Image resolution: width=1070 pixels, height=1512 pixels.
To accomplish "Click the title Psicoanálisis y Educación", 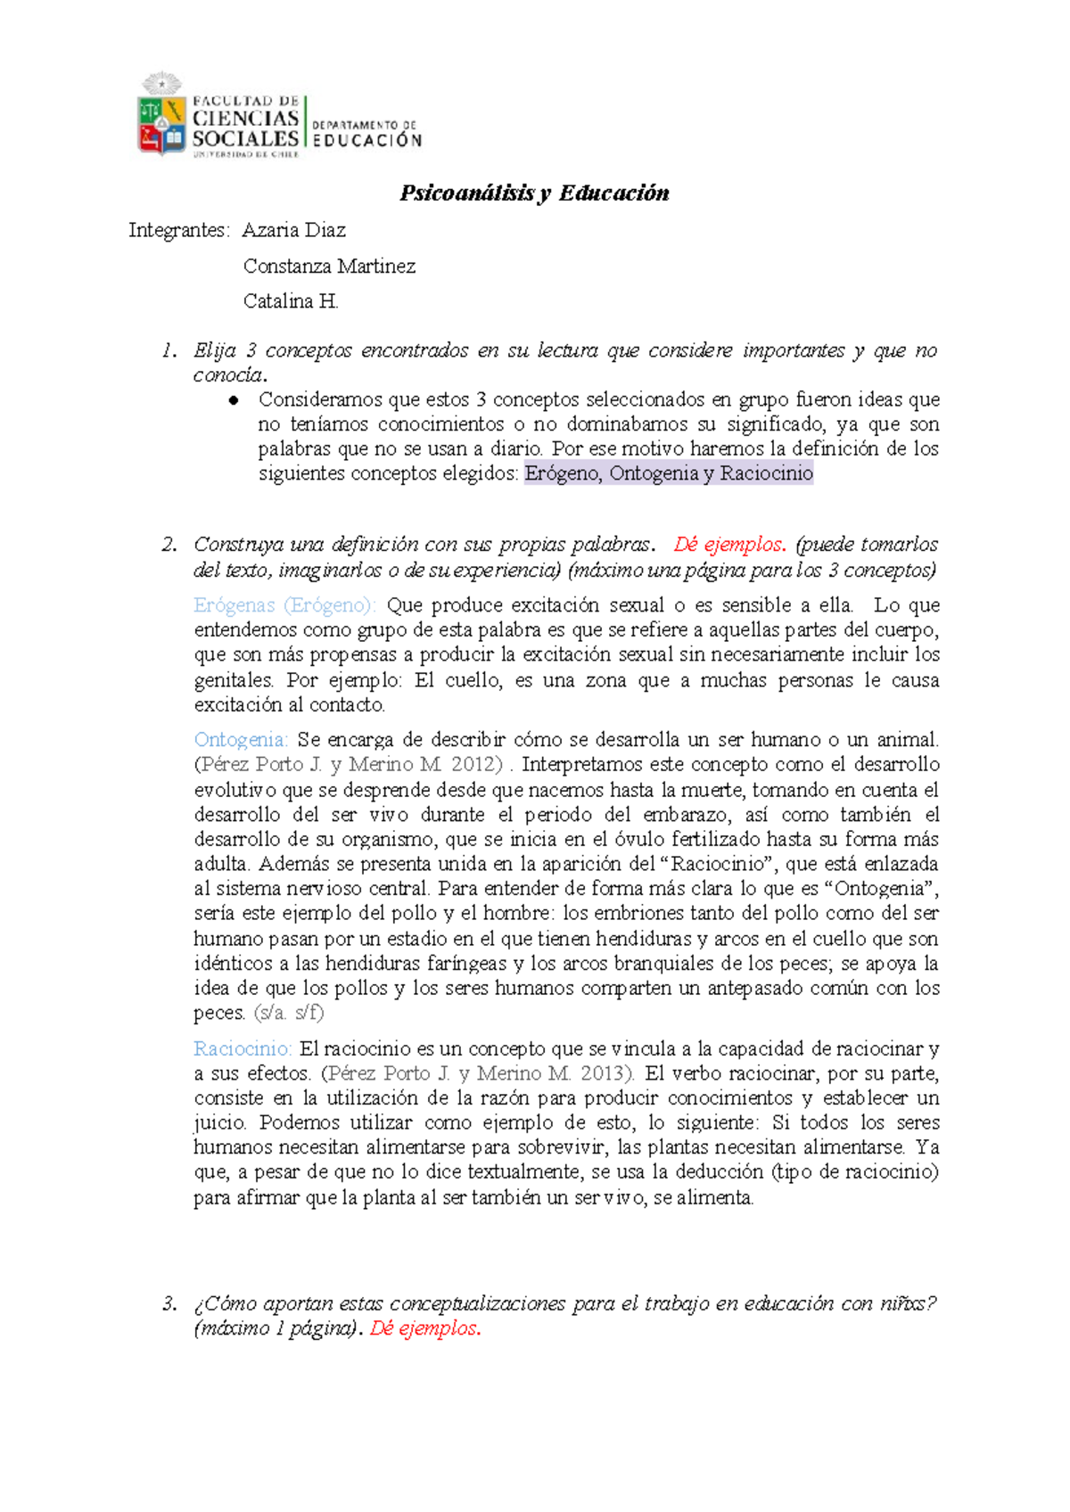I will (x=534, y=193).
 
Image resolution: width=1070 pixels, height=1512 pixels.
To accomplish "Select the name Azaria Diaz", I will (x=293, y=230).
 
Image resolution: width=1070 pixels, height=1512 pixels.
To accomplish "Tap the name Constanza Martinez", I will (x=329, y=266).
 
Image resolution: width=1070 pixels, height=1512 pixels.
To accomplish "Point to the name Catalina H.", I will (x=291, y=301).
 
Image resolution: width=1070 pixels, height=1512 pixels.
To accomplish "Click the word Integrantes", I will (x=178, y=230).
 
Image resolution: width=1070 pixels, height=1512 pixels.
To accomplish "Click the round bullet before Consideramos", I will (x=235, y=400).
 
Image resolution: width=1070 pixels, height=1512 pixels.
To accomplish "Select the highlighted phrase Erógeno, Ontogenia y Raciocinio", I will (x=669, y=473).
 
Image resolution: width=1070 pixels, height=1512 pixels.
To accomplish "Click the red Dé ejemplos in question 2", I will (x=729, y=545).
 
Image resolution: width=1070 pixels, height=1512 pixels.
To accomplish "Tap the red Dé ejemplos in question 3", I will (x=425, y=1328).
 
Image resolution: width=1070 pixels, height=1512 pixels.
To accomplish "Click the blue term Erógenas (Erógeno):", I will (x=284, y=605).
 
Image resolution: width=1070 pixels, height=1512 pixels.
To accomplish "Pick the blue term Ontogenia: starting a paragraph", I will (x=241, y=740).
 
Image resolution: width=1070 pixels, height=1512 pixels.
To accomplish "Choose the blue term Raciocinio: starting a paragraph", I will (x=243, y=1048).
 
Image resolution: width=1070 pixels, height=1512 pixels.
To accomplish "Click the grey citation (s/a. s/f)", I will (x=289, y=1013).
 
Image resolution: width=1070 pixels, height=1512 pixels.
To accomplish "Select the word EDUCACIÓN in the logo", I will (x=366, y=140).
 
